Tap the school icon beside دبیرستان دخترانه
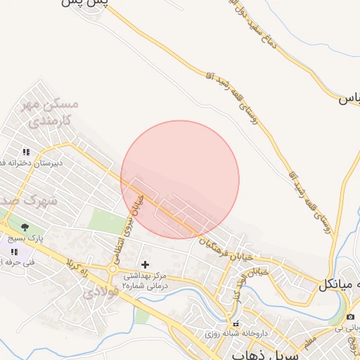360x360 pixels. tap(26, 151)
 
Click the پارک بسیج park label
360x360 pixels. tap(25, 238)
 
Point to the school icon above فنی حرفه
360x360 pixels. tap(14, 251)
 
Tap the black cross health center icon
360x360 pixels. tap(145, 265)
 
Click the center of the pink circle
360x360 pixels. tap(180, 179)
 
